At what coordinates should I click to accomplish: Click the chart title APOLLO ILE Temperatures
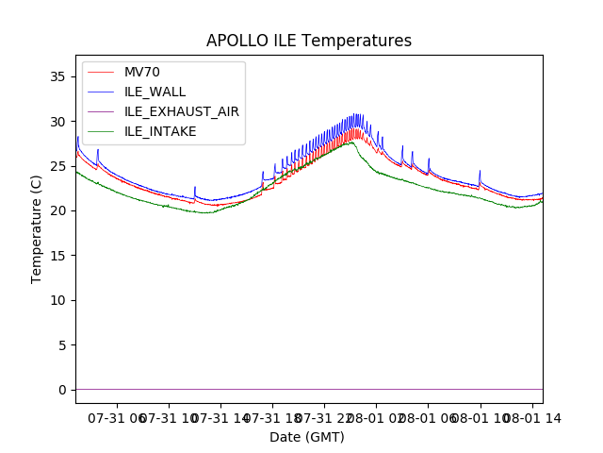pos(309,42)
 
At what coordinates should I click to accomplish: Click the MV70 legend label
pos(143,73)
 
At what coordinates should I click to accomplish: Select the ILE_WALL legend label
pos(155,92)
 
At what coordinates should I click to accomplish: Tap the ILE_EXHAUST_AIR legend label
pos(182,111)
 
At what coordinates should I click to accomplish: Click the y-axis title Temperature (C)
pos(37,228)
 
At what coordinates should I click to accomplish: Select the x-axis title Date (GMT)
pos(307,437)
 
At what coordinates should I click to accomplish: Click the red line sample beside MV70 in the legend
pos(103,73)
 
